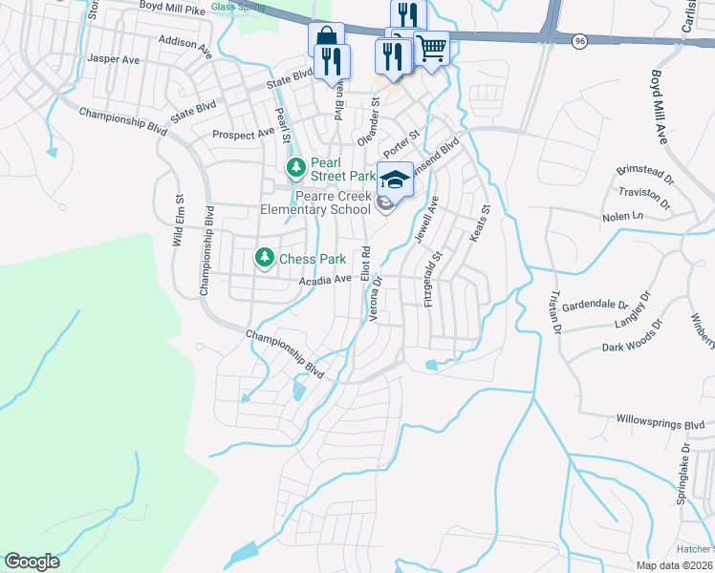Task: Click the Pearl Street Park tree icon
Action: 296,169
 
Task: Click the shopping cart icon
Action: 432,46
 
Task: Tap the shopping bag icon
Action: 325,39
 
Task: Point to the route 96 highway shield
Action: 579,41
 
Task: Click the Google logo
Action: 32,562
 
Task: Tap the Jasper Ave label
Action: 113,59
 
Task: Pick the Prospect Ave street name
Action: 243,135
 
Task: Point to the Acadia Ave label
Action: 326,280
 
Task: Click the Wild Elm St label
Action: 178,222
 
